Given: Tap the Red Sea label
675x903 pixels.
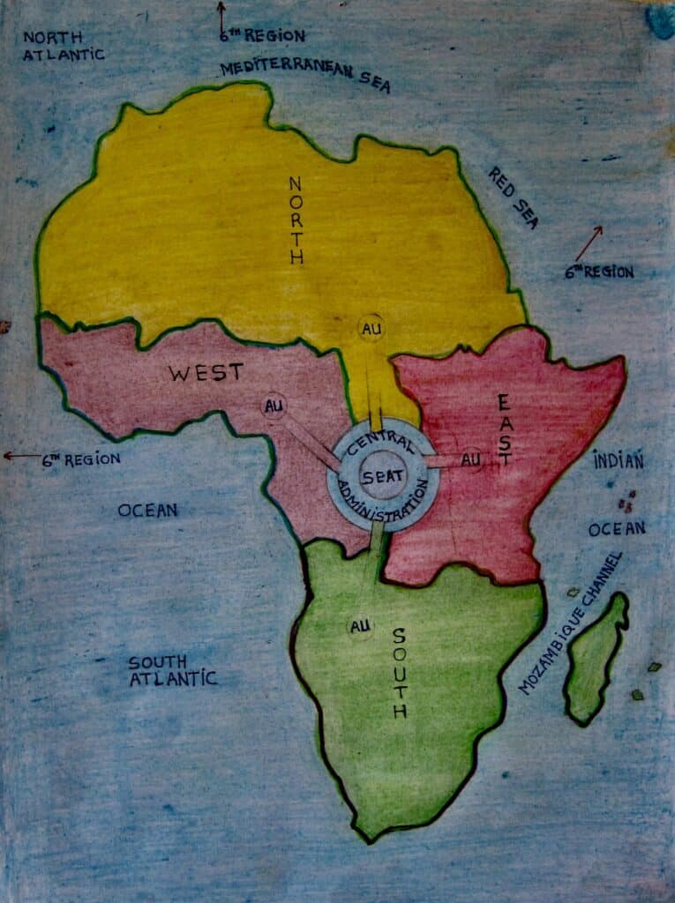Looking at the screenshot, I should [x=513, y=197].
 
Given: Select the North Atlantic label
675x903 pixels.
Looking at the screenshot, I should [x=64, y=46].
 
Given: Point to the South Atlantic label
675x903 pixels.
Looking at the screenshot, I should [x=172, y=670].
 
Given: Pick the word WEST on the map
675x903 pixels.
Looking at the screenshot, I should [x=206, y=373].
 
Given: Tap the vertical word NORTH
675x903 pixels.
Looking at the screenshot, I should [x=296, y=220].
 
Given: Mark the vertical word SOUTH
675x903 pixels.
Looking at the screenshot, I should [x=399, y=672].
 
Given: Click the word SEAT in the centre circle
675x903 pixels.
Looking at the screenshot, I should [x=383, y=476].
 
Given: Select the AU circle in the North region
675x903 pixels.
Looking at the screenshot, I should [x=371, y=328].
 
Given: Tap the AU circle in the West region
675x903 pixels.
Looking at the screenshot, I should [x=274, y=407].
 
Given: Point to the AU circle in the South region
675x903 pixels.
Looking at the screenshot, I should [x=359, y=626].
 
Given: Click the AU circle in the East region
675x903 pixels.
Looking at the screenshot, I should [x=471, y=459].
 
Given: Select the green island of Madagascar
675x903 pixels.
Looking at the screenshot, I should [x=597, y=657].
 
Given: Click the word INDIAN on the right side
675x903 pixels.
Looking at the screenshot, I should [x=618, y=459].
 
